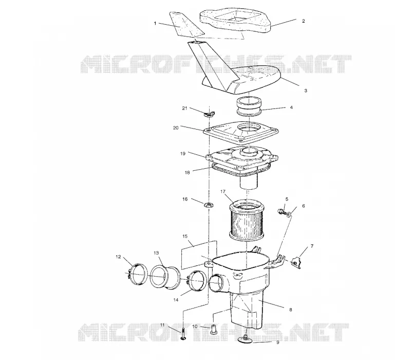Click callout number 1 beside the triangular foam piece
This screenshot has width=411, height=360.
(x=155, y=23)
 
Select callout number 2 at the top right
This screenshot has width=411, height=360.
(x=304, y=21)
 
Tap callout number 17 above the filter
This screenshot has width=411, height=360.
(x=223, y=191)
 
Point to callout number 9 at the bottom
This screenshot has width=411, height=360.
(x=278, y=342)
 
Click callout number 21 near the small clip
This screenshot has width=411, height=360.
(x=185, y=108)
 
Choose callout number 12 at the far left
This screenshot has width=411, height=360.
(x=118, y=257)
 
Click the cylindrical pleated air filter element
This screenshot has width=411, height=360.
(x=246, y=221)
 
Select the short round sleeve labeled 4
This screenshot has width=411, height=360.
(x=249, y=106)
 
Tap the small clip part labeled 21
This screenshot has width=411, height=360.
(x=210, y=114)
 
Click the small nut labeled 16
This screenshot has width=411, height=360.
(x=209, y=204)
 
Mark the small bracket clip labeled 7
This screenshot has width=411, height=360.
(x=296, y=263)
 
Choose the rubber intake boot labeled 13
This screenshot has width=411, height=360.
(x=165, y=277)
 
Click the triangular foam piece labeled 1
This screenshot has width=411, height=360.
(x=186, y=24)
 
